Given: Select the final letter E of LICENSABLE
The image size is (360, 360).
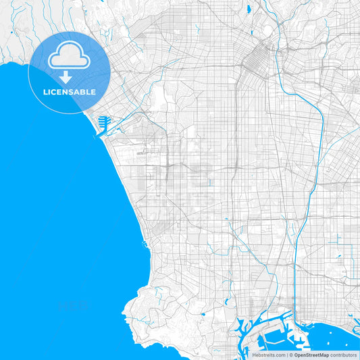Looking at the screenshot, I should point(94,92).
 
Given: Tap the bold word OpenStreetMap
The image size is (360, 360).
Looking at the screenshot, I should point(312,355).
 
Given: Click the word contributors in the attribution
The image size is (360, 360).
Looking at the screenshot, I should point(343,355).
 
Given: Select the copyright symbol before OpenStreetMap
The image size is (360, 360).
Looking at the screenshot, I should point(290,355).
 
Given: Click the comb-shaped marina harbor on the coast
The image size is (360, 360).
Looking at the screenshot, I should point(103,123).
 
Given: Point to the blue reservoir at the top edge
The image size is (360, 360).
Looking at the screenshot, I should point(249,9).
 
